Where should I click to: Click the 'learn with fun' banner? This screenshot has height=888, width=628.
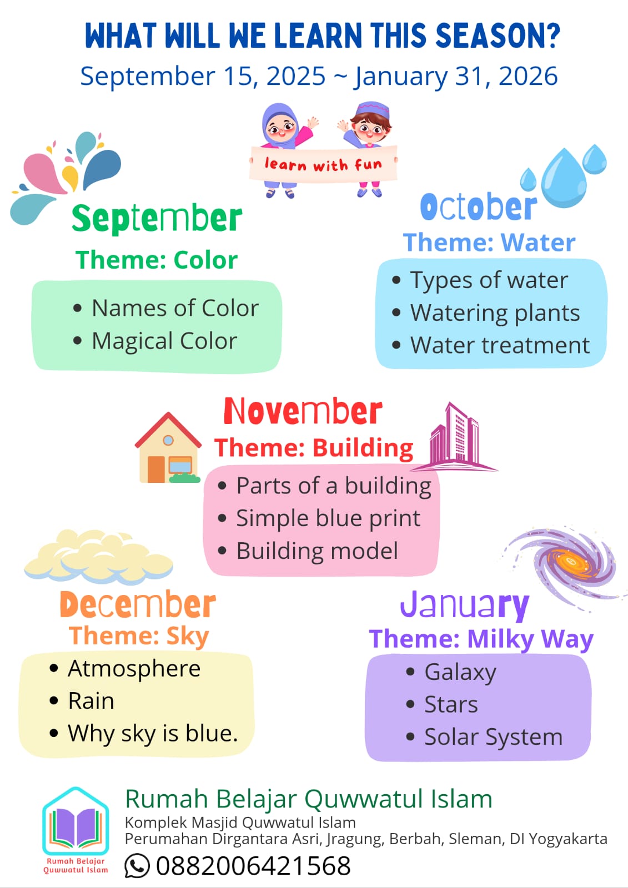coord(323,164)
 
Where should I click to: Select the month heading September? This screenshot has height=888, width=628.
coord(157,219)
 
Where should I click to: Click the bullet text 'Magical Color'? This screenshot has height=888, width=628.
coord(164,341)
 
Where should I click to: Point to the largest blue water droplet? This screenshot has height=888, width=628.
coord(564,178)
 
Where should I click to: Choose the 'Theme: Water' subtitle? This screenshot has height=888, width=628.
coord(489,242)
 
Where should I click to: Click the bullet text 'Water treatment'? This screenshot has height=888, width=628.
coord(500,345)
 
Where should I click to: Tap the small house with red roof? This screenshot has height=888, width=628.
coord(168,447)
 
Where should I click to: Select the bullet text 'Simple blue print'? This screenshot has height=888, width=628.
coord(328,518)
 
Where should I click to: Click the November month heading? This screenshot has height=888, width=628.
coord(303,411)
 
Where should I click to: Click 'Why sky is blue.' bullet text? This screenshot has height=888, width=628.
coord(153,733)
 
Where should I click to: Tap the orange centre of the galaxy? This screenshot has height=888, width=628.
coord(570,562)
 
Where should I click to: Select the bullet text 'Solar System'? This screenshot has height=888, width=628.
coord(494,738)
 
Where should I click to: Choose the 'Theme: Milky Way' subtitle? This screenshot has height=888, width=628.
coord(481,639)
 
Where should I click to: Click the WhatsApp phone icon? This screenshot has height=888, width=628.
coord(137,865)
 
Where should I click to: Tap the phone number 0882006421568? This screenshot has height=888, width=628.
coord(254,865)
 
